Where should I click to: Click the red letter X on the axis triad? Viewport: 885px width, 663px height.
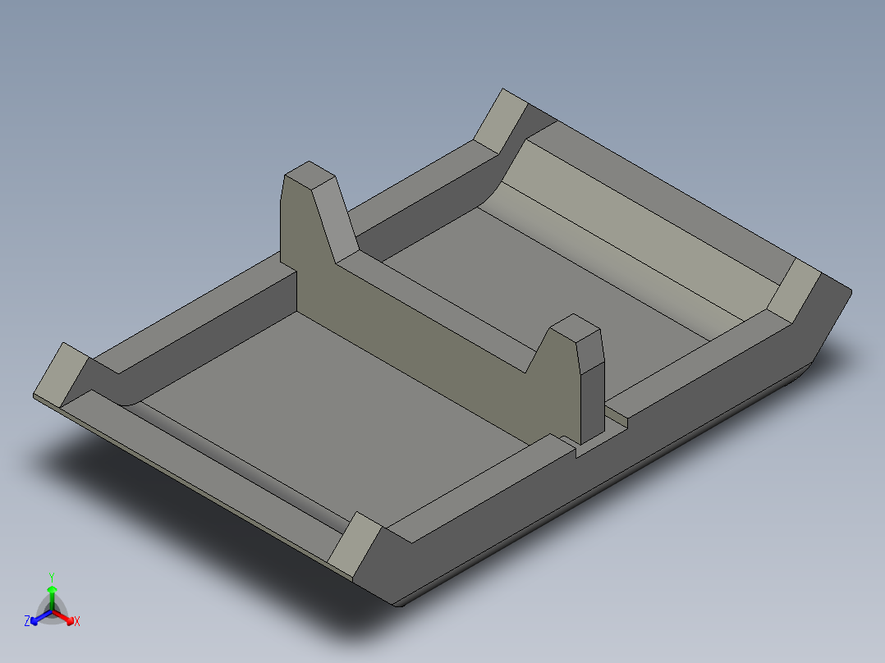coord(77,621)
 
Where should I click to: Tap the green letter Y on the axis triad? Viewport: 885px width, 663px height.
coord(52,577)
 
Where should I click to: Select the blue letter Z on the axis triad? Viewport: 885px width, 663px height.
coord(27,621)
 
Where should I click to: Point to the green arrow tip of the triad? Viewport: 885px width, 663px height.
coord(52,588)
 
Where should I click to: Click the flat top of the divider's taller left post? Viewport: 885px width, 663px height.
coord(310,174)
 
